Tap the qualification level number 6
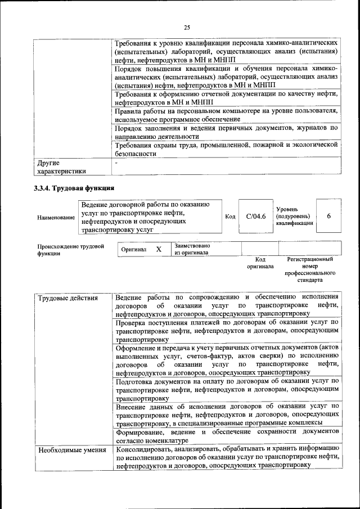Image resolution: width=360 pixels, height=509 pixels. coord(328,217)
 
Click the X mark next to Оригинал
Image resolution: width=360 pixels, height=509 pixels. coord(159,249)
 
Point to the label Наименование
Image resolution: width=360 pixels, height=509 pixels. coord(56,217)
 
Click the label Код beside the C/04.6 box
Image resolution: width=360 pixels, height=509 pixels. coord(230,217)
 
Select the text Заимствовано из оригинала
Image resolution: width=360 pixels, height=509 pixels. coord(192,249)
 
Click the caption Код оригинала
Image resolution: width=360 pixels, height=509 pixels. coord(260,263)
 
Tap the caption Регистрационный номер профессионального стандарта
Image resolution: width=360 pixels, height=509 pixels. coord(310,269)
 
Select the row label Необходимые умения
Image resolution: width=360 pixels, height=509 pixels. coord(71,450)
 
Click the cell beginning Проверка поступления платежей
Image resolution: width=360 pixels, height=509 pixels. coord(226,331)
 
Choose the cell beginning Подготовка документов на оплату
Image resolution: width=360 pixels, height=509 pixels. coord(226,389)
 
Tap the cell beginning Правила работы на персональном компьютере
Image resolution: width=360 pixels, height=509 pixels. coord(226,115)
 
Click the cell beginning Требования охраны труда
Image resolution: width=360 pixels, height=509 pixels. coord(226,148)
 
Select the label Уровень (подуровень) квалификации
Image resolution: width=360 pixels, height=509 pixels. coord(292,217)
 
